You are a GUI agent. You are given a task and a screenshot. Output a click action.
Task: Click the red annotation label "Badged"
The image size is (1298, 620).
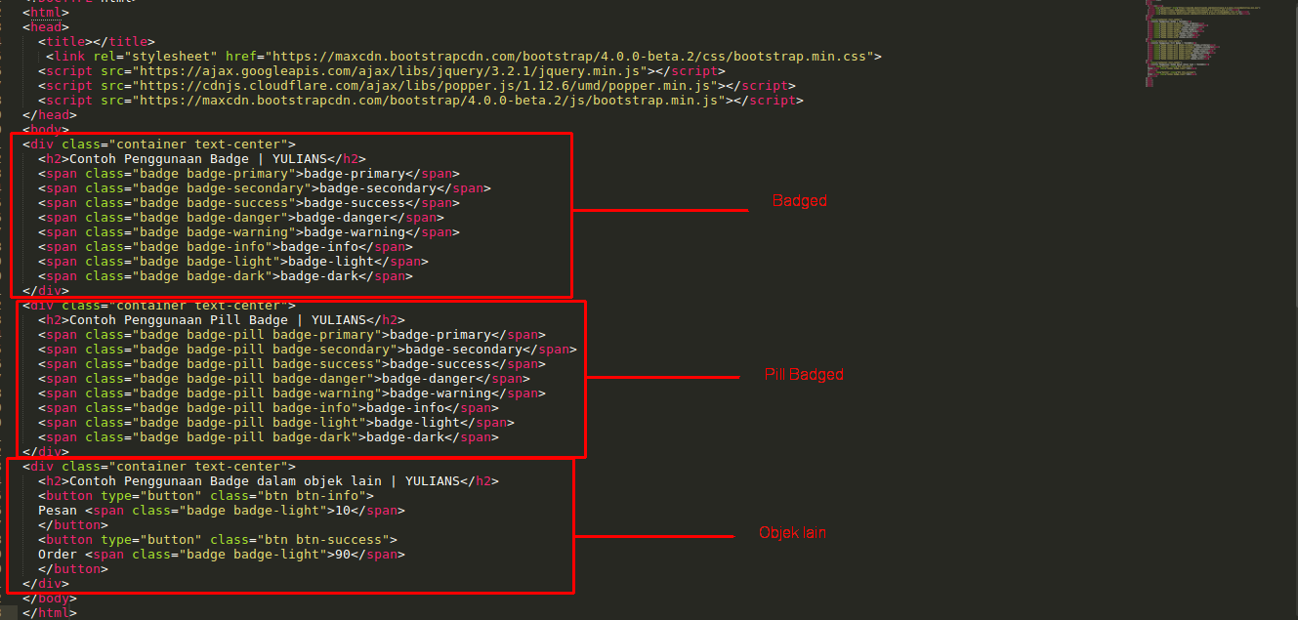tap(799, 201)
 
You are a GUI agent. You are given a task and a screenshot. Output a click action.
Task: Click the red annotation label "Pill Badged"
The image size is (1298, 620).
tap(803, 375)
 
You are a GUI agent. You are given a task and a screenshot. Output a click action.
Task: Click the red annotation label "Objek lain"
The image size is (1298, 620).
tap(793, 533)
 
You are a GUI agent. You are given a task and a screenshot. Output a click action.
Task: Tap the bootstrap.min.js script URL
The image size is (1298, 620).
tap(429, 101)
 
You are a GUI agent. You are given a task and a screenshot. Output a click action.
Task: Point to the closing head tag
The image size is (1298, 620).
tap(50, 115)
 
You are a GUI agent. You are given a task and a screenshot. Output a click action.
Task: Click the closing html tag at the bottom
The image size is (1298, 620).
tap(50, 613)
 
